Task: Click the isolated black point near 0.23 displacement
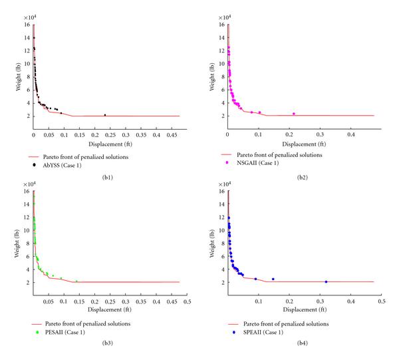point(104,115)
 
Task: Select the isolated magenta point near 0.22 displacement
point(293,114)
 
